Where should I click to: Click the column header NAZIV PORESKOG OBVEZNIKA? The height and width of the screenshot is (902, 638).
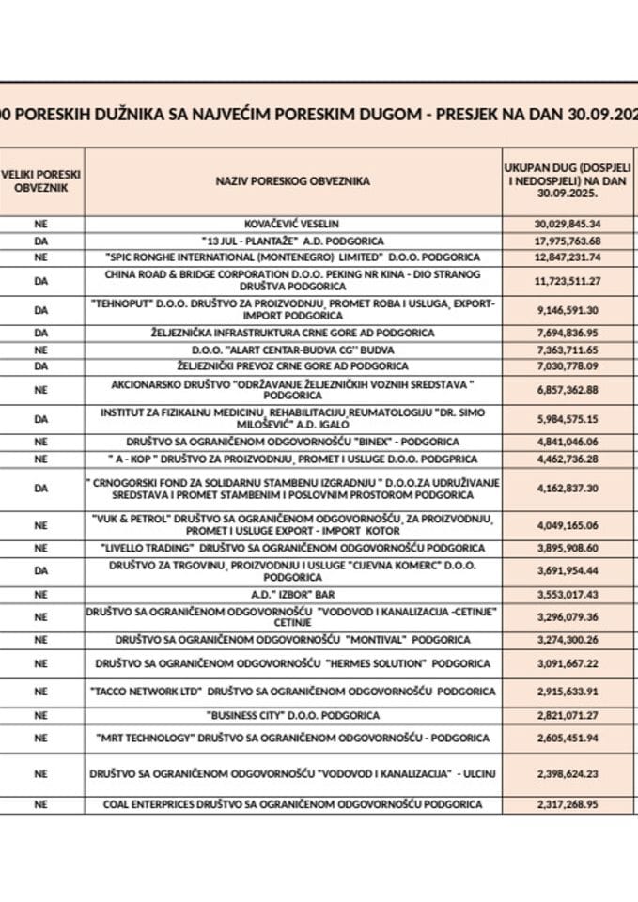pyautogui.click(x=293, y=180)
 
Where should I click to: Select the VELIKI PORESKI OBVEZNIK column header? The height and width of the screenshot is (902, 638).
pyautogui.click(x=40, y=180)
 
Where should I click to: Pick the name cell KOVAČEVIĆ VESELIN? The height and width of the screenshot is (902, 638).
pyautogui.click(x=293, y=224)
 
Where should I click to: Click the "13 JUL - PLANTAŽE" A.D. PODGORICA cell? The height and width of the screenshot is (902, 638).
pyautogui.click(x=293, y=241)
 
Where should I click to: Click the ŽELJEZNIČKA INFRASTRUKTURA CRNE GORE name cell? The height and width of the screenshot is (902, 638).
pyautogui.click(x=293, y=333)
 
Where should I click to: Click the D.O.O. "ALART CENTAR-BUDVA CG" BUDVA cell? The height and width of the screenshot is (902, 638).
pyautogui.click(x=293, y=349)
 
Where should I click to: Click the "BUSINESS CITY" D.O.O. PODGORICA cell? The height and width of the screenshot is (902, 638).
pyautogui.click(x=293, y=715)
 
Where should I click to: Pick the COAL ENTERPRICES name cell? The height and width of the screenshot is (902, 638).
pyautogui.click(x=293, y=804)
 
